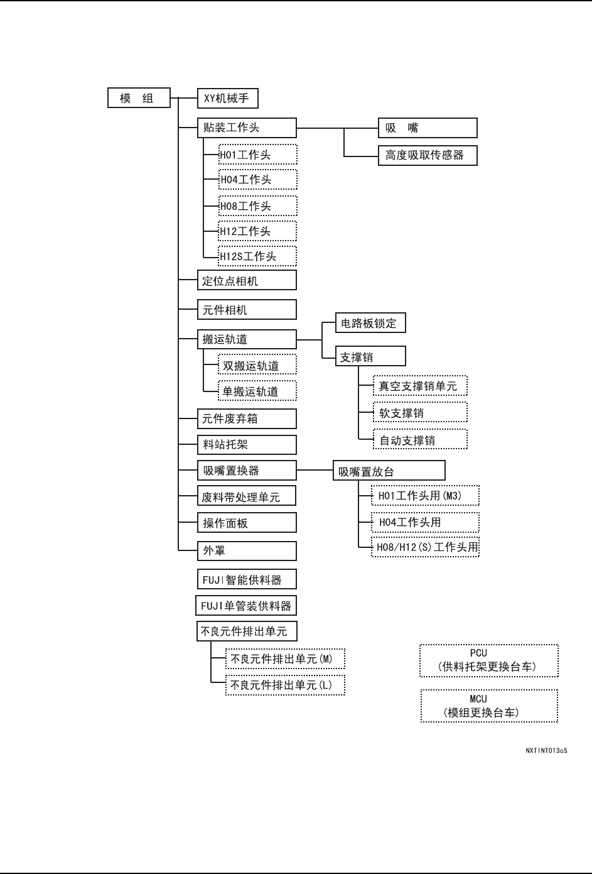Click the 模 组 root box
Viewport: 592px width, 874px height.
tap(139, 98)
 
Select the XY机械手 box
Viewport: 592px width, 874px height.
tap(227, 98)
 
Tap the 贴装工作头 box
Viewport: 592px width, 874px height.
tap(247, 128)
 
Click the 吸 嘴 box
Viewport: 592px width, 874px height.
tap(428, 128)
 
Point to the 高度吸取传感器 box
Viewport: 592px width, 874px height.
tap(428, 155)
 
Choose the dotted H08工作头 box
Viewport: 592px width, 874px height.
tap(257, 206)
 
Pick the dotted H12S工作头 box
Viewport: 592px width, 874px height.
tap(257, 256)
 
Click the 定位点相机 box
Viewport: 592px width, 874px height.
tap(247, 281)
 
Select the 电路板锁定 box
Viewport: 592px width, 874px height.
tap(370, 324)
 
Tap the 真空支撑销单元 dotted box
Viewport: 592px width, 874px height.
tap(420, 386)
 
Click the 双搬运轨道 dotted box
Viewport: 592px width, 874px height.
tap(257, 366)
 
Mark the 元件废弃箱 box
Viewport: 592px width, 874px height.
tap(247, 418)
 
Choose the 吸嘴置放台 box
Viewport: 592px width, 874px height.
tap(389, 471)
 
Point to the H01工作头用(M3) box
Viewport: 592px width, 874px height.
tap(425, 496)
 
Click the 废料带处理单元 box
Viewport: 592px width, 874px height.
tap(247, 497)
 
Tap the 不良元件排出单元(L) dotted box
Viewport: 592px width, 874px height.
tap(285, 685)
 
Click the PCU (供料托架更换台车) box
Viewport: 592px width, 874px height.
tap(488, 660)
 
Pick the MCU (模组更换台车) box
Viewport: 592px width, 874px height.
tap(488, 706)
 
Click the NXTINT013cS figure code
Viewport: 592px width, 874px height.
tap(546, 751)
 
